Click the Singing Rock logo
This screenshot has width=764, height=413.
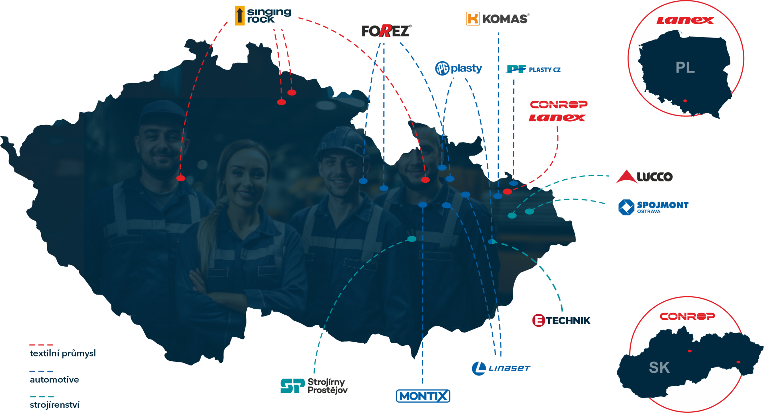point(262,16)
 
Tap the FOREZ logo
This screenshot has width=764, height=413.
point(386,31)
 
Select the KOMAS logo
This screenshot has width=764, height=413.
point(498,18)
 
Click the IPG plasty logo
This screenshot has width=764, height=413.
point(458,68)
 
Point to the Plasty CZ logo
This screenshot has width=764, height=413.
point(533,69)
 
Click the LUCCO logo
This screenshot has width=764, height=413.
point(644,177)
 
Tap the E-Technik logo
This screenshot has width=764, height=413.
point(561,320)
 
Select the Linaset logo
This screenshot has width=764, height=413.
point(501,368)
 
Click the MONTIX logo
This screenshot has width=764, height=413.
point(423,396)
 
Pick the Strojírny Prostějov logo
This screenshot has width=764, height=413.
point(314,386)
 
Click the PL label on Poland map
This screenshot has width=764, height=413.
point(685,68)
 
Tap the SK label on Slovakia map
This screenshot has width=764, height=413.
point(659,368)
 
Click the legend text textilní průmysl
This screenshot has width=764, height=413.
point(63,353)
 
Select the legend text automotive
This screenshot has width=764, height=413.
point(54,380)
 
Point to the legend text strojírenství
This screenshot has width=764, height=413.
point(54,405)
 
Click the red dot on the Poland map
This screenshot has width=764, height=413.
point(685,101)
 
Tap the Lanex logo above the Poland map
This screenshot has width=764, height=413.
point(685,21)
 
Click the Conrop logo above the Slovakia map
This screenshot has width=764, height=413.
point(687,316)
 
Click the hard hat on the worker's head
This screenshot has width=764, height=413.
point(340,141)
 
